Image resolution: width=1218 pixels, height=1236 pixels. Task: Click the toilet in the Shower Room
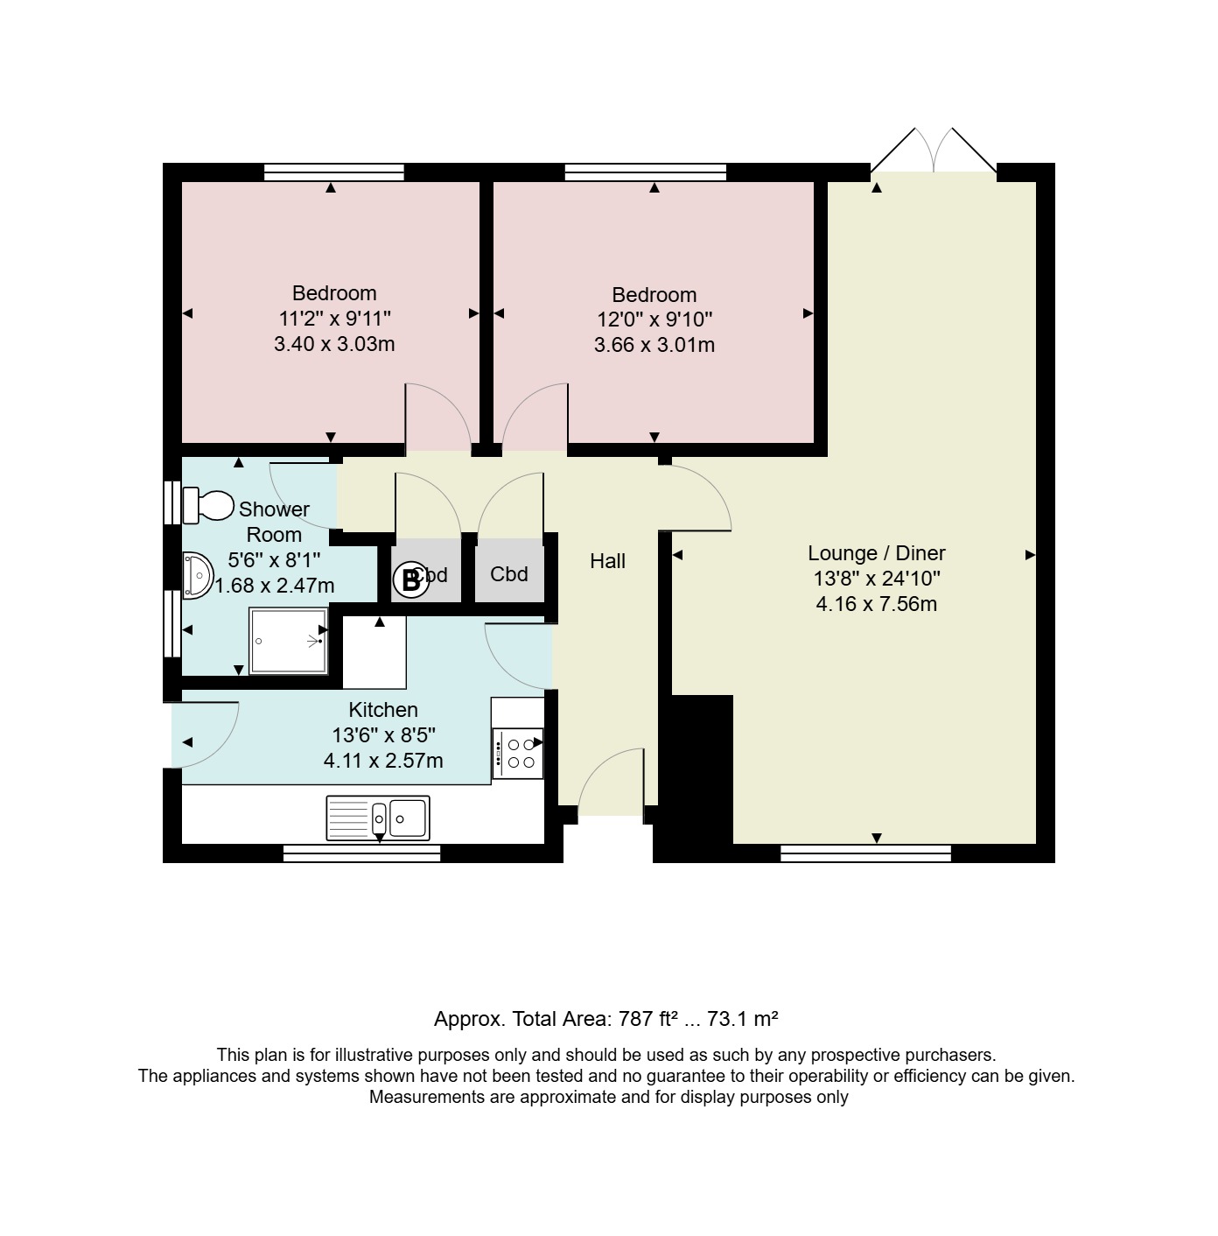pyautogui.click(x=207, y=505)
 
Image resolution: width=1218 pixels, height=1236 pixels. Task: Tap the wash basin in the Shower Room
pyautogui.click(x=198, y=575)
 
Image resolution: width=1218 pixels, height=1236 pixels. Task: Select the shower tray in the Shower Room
pyautogui.click(x=290, y=642)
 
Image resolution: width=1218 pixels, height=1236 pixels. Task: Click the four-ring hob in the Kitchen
pyautogui.click(x=518, y=754)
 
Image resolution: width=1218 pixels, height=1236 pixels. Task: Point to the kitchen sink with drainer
pyautogui.click(x=378, y=818)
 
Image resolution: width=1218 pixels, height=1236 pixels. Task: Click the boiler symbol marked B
pyautogui.click(x=410, y=580)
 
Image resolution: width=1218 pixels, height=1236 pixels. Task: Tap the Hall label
pyautogui.click(x=607, y=561)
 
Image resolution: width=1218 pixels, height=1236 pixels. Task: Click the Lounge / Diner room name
pyautogui.click(x=876, y=553)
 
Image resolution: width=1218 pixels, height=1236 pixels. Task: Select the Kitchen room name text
pyautogui.click(x=383, y=709)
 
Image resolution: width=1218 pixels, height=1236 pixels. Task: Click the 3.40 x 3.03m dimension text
pyautogui.click(x=334, y=344)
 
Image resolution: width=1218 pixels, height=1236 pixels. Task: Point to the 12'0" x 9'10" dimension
pyautogui.click(x=654, y=319)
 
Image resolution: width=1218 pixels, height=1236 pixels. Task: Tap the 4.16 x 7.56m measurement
pyautogui.click(x=876, y=604)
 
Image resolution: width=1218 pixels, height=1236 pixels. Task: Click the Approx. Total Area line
pyautogui.click(x=606, y=1019)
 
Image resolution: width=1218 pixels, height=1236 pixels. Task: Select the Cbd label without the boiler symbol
pyautogui.click(x=509, y=573)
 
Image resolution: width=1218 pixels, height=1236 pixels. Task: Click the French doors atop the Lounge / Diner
pyautogui.click(x=934, y=151)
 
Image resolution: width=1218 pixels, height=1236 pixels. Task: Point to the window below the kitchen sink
pyautogui.click(x=361, y=853)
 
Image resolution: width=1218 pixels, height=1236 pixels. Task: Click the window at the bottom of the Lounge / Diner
pyautogui.click(x=866, y=853)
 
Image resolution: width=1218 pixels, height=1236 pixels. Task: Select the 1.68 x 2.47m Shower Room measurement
pyautogui.click(x=274, y=586)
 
